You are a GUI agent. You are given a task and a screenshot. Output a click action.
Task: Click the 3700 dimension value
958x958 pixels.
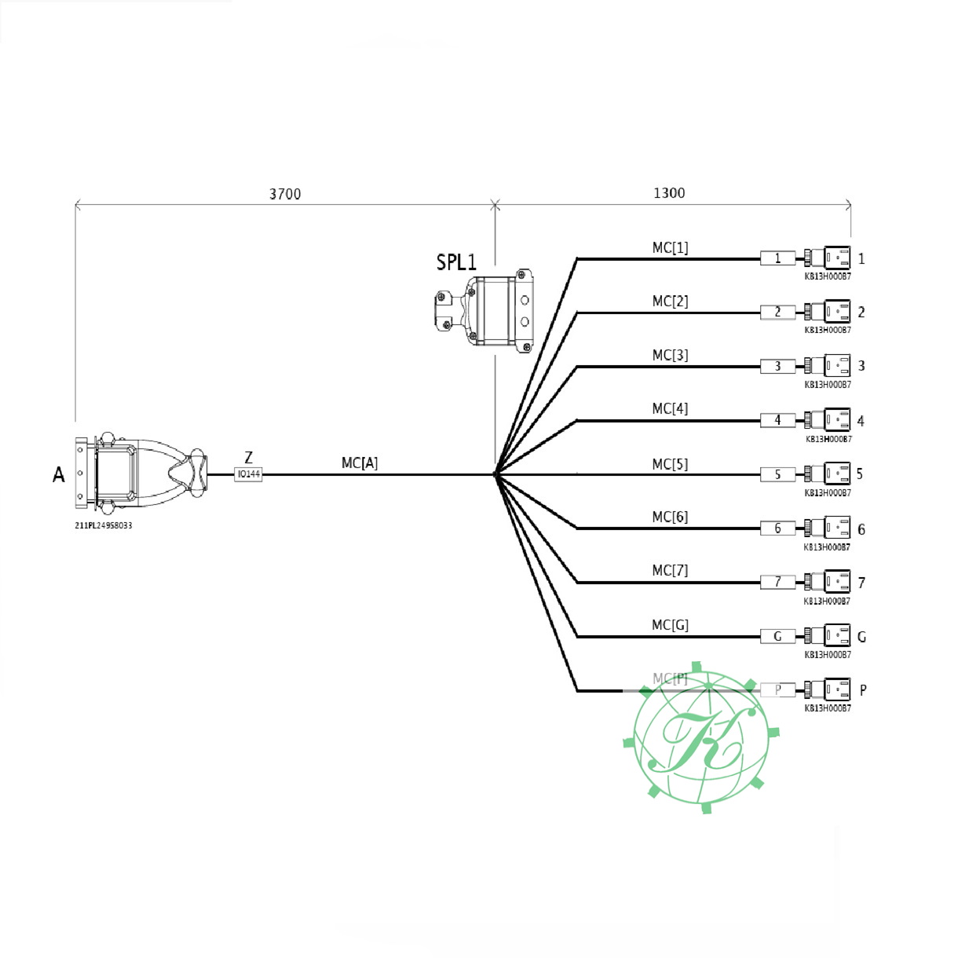[x=284, y=194]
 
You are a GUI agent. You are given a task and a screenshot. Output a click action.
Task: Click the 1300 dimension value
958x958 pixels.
[x=669, y=193]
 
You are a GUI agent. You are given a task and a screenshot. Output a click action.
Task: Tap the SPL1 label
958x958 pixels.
[x=456, y=262]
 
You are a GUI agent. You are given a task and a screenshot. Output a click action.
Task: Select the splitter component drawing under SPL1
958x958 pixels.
[x=484, y=309]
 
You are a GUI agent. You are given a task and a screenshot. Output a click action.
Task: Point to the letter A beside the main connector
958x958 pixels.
[x=59, y=475]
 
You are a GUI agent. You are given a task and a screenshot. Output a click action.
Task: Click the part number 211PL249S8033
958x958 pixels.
[x=104, y=525]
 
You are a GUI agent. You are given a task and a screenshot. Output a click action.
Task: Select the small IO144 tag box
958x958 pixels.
[x=248, y=474]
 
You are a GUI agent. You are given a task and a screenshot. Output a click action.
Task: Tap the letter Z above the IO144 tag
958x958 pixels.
[x=249, y=458]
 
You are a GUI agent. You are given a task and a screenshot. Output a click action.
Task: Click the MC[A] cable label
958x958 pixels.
[x=360, y=463]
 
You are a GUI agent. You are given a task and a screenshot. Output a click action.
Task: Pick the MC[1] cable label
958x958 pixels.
[x=670, y=248]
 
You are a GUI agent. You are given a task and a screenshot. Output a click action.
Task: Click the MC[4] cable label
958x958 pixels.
[x=670, y=409]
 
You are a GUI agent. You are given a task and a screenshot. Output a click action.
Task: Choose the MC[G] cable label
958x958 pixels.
[x=670, y=625]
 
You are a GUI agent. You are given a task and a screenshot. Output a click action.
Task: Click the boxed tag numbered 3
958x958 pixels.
[x=777, y=367]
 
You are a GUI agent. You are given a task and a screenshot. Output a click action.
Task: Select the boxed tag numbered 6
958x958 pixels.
[x=777, y=528]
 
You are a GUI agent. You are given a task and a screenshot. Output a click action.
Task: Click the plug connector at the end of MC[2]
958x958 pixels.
[x=828, y=313]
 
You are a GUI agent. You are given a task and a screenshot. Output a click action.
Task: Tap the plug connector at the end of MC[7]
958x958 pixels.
[x=828, y=582]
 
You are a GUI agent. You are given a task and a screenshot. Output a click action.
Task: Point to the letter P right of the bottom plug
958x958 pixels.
[x=863, y=690]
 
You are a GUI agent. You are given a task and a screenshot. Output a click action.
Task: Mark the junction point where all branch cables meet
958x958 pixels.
[x=495, y=474]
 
